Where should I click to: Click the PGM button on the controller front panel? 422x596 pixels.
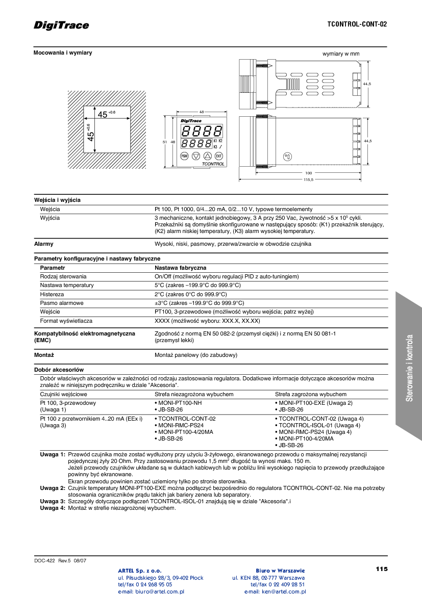point(184,156)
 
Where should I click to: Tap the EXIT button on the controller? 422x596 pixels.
point(219,156)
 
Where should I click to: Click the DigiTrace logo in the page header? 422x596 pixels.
point(61,25)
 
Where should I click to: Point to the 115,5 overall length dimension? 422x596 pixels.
point(308,180)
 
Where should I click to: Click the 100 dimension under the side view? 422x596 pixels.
point(308,173)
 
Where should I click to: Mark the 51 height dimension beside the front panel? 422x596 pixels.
point(165,142)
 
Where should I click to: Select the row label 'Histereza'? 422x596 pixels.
point(52,294)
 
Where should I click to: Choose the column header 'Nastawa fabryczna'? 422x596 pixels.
point(180,267)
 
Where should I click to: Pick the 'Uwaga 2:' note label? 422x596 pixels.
point(53,488)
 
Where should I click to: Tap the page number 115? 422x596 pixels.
point(381,569)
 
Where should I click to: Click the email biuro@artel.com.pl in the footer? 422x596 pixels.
point(151,591)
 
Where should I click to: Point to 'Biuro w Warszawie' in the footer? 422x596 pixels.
point(280,570)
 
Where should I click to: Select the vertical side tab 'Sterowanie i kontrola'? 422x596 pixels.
point(409,368)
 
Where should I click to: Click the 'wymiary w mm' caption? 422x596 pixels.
point(341,54)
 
